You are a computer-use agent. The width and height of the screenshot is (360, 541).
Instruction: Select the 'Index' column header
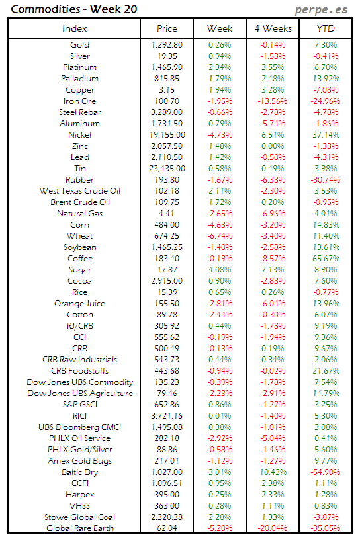[74, 28]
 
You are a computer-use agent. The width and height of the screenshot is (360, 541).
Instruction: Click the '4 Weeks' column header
[273, 28]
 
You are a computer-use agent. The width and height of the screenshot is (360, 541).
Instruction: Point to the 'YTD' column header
[326, 28]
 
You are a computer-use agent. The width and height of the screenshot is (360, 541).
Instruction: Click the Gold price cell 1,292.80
[167, 45]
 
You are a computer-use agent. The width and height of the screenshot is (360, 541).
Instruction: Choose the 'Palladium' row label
[79, 79]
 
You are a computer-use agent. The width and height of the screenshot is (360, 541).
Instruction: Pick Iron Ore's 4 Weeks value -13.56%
[273, 101]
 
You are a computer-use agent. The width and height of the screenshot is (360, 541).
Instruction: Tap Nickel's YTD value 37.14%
[326, 135]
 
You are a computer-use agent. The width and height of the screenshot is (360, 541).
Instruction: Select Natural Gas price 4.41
[167, 214]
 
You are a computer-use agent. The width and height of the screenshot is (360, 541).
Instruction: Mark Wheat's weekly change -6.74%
[220, 236]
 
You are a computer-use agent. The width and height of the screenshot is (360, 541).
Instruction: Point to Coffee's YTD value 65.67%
[326, 259]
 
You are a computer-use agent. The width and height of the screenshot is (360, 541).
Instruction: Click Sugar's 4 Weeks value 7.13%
[273, 270]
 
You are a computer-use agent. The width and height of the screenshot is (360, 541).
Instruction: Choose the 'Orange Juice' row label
[79, 304]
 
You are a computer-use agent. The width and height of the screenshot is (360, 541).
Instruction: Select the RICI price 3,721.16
[167, 416]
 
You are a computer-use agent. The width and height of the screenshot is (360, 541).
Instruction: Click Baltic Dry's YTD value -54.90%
[326, 472]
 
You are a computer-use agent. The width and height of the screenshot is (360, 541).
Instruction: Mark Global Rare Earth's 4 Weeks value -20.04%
[273, 528]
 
